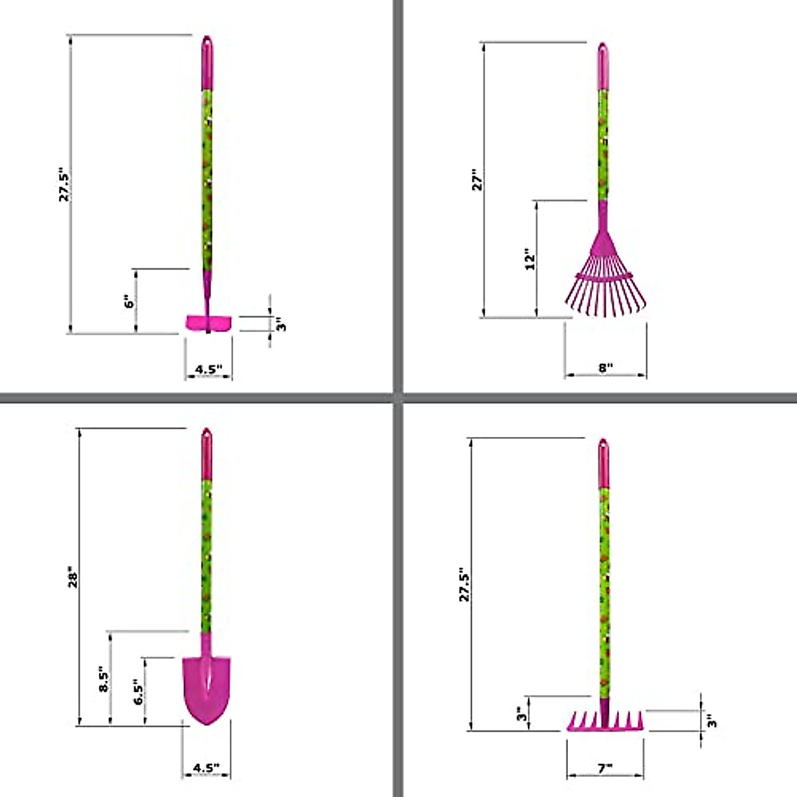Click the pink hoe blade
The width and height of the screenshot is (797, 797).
208,323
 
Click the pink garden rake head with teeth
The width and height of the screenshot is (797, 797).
605,721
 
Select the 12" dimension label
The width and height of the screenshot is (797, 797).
529,260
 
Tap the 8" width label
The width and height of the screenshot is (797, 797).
605,367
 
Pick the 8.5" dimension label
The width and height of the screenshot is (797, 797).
104,679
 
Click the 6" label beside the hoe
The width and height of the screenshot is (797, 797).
130,301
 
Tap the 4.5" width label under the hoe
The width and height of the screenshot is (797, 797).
208,369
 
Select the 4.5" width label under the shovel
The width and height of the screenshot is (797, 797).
206,768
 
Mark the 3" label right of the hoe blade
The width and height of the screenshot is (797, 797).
280,324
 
